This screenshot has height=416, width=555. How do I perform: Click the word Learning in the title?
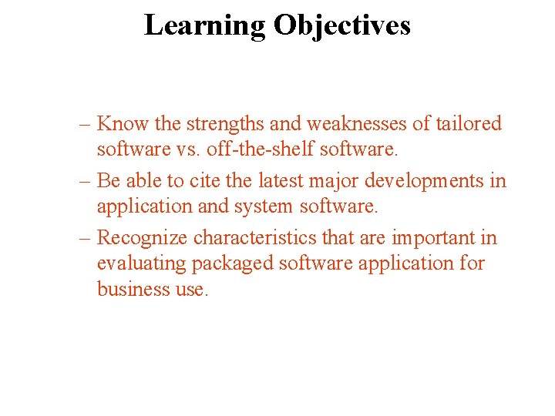tap(204, 25)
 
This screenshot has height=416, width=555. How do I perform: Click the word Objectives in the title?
tap(341, 25)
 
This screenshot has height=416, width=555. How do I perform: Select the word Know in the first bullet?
tap(123, 123)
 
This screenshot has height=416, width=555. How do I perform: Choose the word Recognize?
tap(143, 237)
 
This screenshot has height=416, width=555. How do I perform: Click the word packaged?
tap(232, 263)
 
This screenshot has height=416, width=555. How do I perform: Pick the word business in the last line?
tap(126, 290)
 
